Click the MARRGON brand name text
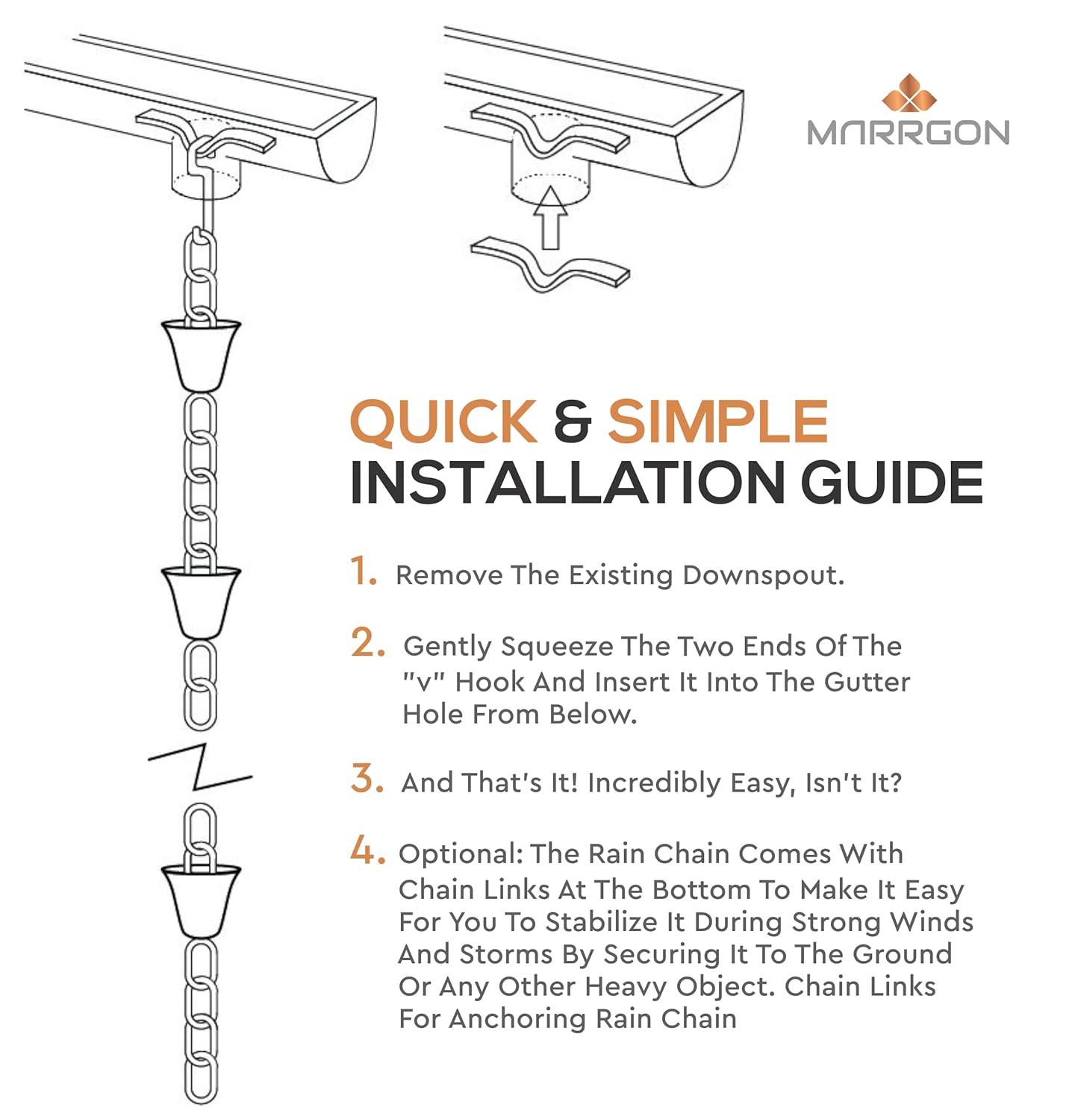908,133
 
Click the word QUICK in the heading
443,422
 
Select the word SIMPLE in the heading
717,422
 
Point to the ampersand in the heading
572,422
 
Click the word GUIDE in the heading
892,483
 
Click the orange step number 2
367,642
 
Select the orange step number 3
367,779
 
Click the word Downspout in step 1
762,575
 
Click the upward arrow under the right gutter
551,216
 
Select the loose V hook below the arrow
549,266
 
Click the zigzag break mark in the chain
200,765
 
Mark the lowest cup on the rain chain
201,900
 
